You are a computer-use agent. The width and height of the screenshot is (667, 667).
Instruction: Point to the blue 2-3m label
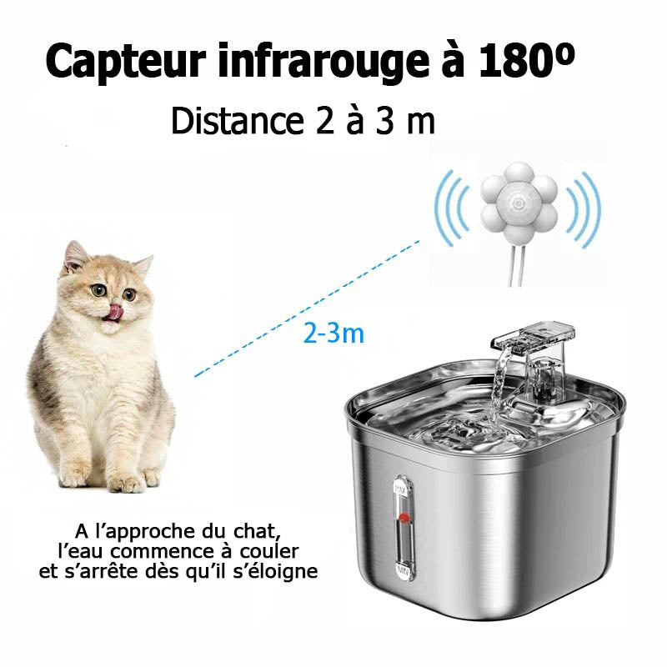coord(333,334)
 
